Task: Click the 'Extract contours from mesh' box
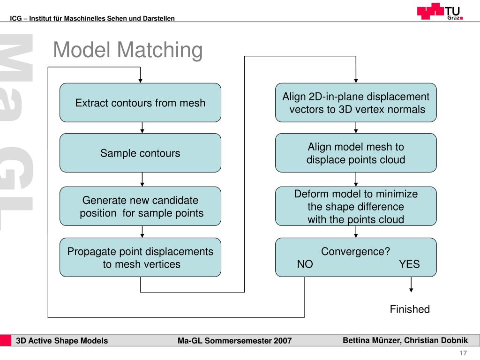tap(140, 103)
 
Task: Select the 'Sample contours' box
tap(140, 153)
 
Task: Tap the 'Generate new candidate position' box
tap(140, 206)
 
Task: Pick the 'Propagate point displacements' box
tap(140, 257)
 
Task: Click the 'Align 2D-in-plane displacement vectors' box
tap(356, 103)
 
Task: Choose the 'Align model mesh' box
tap(356, 153)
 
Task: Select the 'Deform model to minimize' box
tap(356, 206)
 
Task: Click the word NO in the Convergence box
tap(305, 264)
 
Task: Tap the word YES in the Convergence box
tap(409, 264)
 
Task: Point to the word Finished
tap(410, 309)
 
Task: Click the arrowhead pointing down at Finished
tap(411, 290)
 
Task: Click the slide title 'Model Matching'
tap(128, 50)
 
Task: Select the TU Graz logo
tap(440, 11)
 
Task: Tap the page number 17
tap(463, 353)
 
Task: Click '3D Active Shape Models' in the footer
tap(62, 341)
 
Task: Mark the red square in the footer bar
tap(6, 341)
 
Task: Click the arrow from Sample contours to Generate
tap(142, 180)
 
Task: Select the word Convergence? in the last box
tap(355, 251)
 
